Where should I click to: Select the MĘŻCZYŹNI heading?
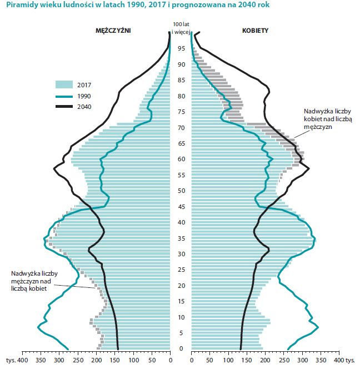[113, 31]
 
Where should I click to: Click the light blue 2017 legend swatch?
[64, 84]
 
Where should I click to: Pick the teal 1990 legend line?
[64, 96]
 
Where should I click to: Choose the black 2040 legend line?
[64, 107]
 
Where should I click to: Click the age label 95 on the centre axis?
[181, 48]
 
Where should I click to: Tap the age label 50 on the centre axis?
[181, 191]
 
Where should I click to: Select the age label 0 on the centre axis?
[181, 348]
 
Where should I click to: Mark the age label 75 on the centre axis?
[181, 112]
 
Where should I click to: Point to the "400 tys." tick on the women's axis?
[343, 360]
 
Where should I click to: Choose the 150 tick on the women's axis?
[246, 360]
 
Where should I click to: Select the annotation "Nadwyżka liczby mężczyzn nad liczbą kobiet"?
[34, 281]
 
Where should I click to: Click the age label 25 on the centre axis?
[181, 270]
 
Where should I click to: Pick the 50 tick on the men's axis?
[151, 360]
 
